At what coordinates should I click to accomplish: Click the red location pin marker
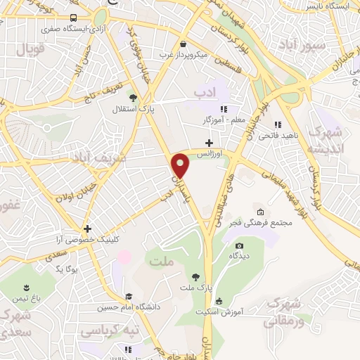point(181,167)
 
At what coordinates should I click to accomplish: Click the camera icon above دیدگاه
point(240,245)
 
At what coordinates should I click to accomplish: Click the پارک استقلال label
point(128,110)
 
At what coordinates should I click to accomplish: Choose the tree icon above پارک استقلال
point(132,98)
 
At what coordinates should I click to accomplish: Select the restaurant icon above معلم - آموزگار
point(224,109)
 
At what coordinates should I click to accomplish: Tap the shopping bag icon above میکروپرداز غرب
point(183,44)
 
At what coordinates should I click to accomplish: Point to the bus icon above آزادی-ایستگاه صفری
point(74,19)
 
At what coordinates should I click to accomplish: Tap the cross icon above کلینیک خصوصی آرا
point(87,229)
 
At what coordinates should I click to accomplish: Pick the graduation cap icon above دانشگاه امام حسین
point(128,297)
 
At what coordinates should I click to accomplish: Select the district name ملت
point(161,262)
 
